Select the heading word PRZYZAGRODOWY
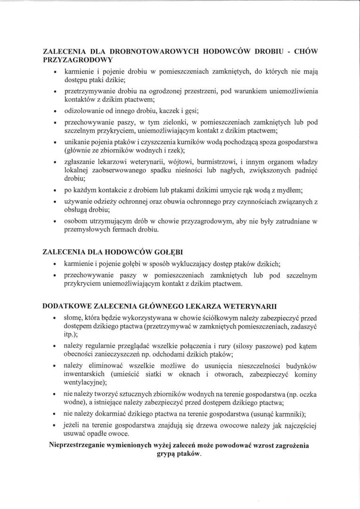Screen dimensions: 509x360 [x=78, y=60]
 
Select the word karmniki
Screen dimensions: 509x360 [x=290, y=414]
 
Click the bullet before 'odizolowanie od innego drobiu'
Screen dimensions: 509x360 [x=56, y=111]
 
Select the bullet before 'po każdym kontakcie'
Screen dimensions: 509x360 [x=56, y=191]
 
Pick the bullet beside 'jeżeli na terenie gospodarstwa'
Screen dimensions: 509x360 [x=56, y=426]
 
